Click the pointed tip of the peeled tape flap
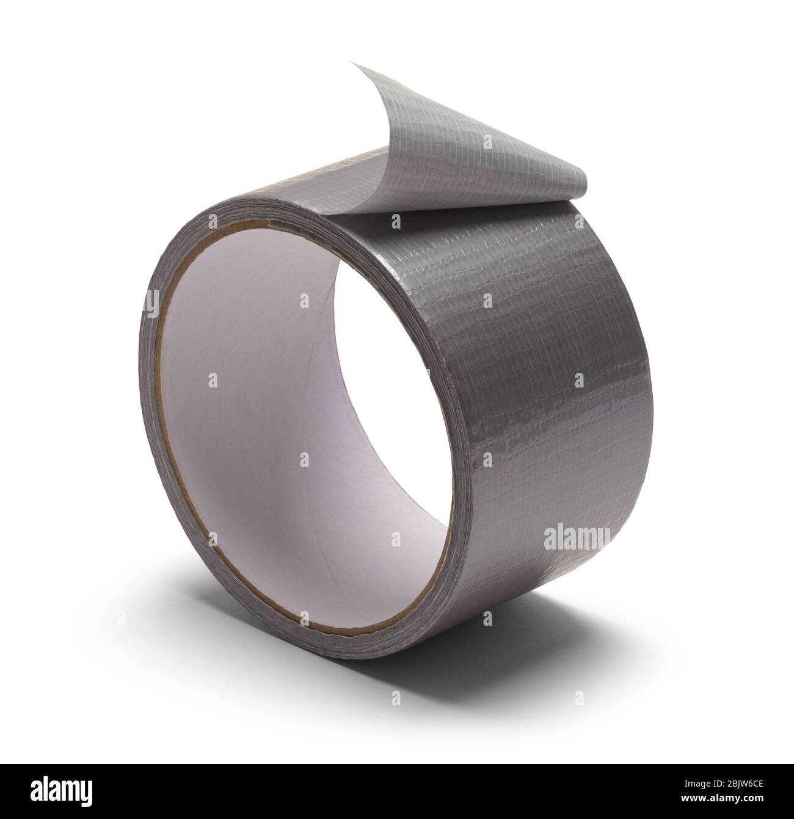(352, 62)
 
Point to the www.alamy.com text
(722, 797)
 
